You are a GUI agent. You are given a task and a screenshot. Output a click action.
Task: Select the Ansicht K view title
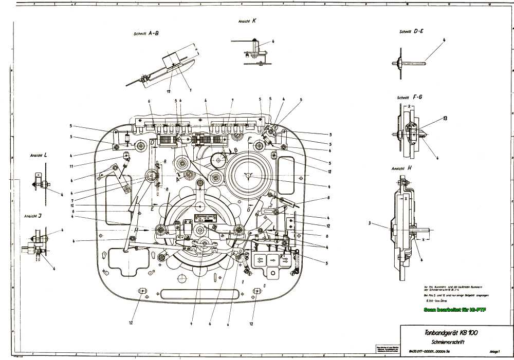tap(247, 22)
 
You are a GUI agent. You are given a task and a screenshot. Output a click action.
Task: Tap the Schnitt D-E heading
tap(411, 31)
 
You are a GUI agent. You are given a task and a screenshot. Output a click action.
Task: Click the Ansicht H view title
tap(402, 168)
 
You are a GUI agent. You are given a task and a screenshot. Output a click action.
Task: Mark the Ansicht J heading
tap(33, 216)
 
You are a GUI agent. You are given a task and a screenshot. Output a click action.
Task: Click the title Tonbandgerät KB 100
tap(445, 332)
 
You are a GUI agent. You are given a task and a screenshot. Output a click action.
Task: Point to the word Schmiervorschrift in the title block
tap(445, 341)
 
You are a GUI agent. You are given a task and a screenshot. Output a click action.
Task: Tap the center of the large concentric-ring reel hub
tap(248, 175)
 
